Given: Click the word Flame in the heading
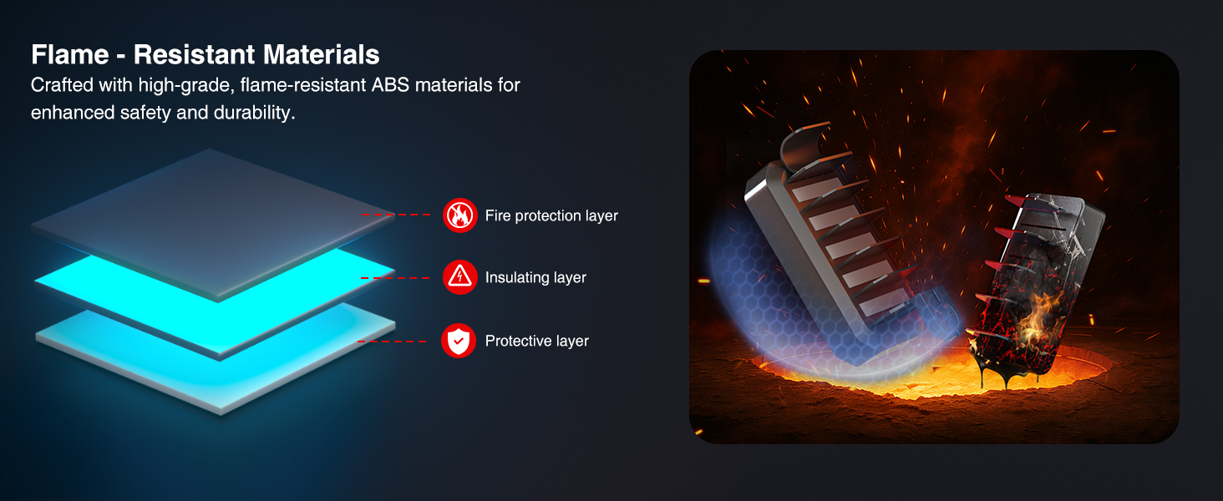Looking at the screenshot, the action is pos(70,54).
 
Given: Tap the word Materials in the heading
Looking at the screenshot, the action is pos(321,54).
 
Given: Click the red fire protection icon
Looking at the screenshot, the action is pos(459,215).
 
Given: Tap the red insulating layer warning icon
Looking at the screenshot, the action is pos(459,277).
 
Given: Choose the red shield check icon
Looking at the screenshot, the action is pos(459,341).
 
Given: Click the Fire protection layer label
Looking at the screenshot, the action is pos(551,215).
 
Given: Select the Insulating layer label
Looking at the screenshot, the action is pos(535,277).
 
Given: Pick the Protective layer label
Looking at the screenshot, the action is pos(537,341).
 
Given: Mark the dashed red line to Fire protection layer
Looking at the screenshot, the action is pos(396,215).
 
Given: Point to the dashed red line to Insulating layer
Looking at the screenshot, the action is pos(396,278).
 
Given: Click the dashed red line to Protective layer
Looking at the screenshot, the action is pos(392,341).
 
